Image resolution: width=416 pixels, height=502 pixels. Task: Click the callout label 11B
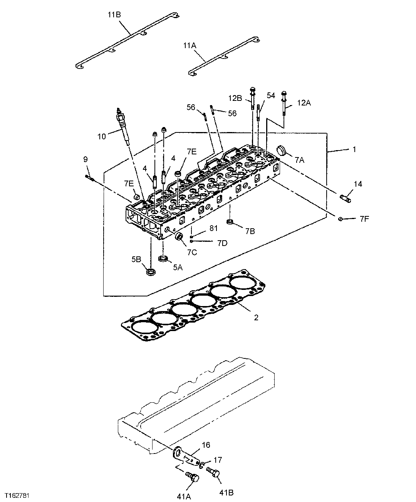114,15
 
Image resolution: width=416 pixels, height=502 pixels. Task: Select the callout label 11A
190,45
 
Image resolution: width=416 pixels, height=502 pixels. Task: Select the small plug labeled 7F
341,219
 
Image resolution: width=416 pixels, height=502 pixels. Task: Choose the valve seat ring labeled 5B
151,272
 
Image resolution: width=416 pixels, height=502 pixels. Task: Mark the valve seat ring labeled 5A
163,258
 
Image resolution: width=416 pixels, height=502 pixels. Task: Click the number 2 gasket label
256,318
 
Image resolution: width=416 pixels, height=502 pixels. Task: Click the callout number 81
213,228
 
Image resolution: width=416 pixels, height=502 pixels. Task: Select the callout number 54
271,95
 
